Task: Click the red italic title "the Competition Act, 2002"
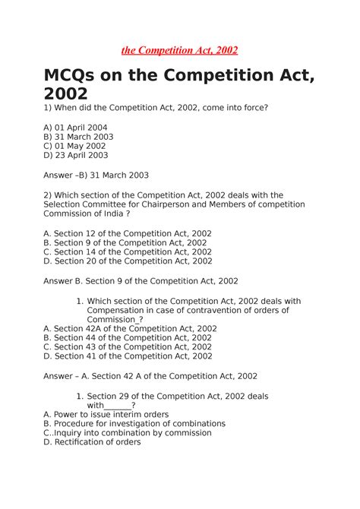point(179,50)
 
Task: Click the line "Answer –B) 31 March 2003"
point(96,175)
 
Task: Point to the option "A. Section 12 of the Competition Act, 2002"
point(128,233)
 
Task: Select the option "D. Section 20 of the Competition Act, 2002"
point(128,261)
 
